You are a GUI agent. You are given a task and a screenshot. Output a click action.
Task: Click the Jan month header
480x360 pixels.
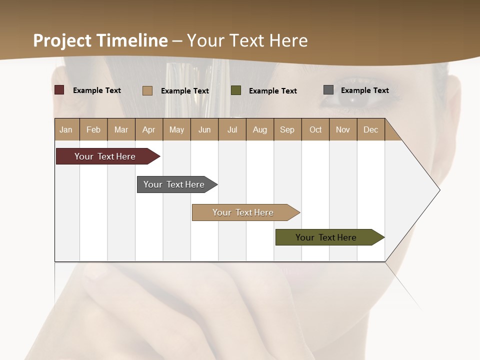click(66, 129)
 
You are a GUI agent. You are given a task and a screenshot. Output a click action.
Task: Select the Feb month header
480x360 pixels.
click(93, 129)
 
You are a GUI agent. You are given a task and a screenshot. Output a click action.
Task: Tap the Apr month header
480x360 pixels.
click(148, 129)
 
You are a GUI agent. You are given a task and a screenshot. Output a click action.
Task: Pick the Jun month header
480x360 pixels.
click(204, 129)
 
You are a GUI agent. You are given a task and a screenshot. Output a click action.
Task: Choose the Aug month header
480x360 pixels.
click(259, 129)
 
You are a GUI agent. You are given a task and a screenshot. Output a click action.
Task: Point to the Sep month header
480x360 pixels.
click(287, 129)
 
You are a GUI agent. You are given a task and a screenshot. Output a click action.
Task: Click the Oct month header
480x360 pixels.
click(315, 129)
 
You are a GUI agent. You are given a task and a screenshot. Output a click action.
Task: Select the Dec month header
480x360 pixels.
click(370, 129)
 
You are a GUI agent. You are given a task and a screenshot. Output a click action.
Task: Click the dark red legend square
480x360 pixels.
click(59, 90)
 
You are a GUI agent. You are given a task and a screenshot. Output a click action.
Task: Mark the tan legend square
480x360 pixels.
click(147, 90)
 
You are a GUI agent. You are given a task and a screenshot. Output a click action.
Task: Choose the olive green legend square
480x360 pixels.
click(236, 90)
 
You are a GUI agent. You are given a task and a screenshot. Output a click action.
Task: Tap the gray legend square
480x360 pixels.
click(328, 90)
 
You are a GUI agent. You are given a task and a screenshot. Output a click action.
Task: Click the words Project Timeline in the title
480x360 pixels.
click(100, 40)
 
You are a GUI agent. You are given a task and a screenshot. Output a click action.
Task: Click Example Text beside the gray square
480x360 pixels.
click(364, 90)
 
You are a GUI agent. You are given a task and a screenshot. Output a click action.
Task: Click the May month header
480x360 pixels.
click(176, 129)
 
